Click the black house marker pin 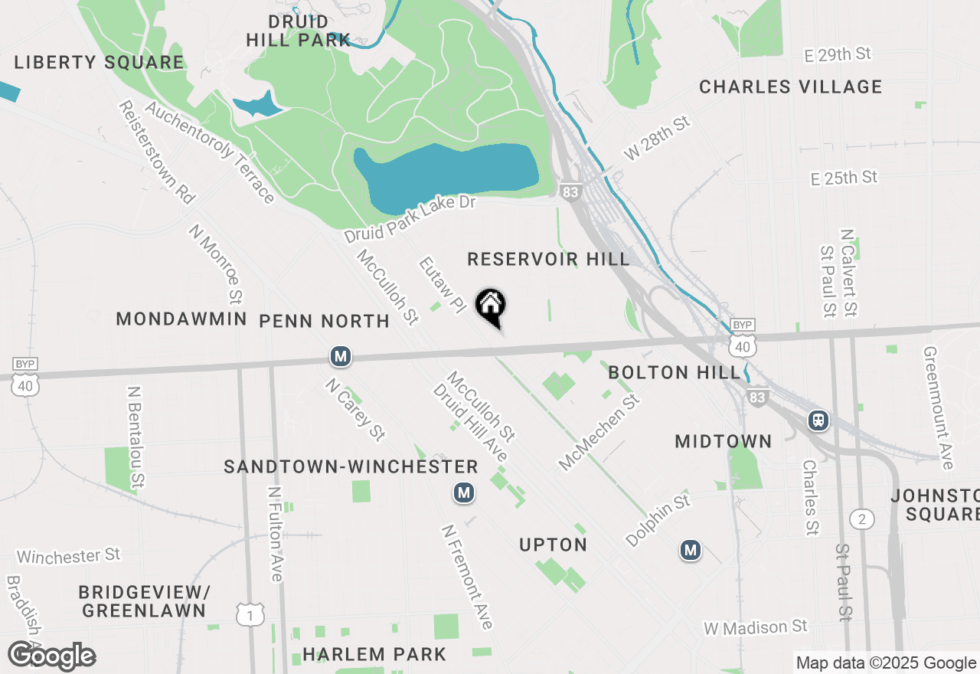[x=491, y=307]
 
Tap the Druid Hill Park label [x=299, y=31]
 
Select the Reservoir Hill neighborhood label [x=548, y=259]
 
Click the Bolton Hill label [x=675, y=373]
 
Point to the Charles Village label [x=790, y=87]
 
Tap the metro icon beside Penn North [x=341, y=356]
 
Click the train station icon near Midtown [x=819, y=420]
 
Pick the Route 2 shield [x=861, y=520]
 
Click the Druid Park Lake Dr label [x=410, y=219]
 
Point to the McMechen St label [x=599, y=432]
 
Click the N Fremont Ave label [x=466, y=577]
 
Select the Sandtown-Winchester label [x=351, y=466]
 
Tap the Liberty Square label [x=99, y=62]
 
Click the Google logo [x=51, y=656]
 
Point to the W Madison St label [x=756, y=627]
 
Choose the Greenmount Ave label [x=939, y=408]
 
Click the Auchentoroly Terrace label [x=209, y=153]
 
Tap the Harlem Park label [x=374, y=654]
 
